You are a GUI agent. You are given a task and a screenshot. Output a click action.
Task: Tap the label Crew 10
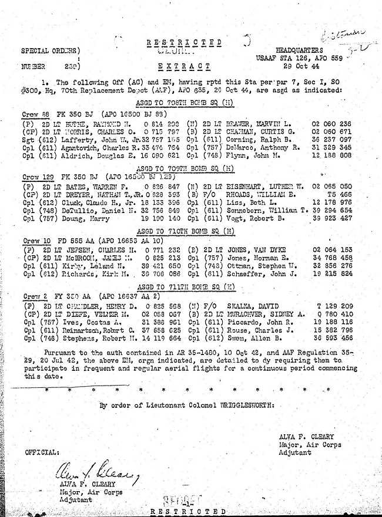tap(32, 241)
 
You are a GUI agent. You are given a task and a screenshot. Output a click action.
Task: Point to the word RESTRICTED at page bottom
tap(187, 512)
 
